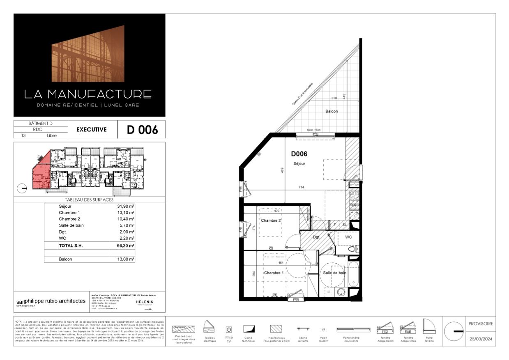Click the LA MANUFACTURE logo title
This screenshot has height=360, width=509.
88,94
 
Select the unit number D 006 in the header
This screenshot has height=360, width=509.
142,130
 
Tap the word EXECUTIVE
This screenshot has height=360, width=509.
91,130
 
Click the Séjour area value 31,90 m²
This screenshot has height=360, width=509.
126,206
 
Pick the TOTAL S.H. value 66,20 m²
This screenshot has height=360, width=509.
126,245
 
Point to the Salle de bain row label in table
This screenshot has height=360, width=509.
71,225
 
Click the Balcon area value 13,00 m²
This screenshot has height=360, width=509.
126,259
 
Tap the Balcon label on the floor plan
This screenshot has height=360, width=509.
332,111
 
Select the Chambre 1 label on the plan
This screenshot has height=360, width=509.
274,273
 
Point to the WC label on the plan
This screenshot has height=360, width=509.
348,237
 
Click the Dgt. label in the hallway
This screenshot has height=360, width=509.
316,237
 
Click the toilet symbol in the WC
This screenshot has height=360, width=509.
352,249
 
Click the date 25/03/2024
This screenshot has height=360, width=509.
480,339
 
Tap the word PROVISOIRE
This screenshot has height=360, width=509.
480,323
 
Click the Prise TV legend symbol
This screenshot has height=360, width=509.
229,329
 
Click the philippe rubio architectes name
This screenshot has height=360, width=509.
55,301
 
